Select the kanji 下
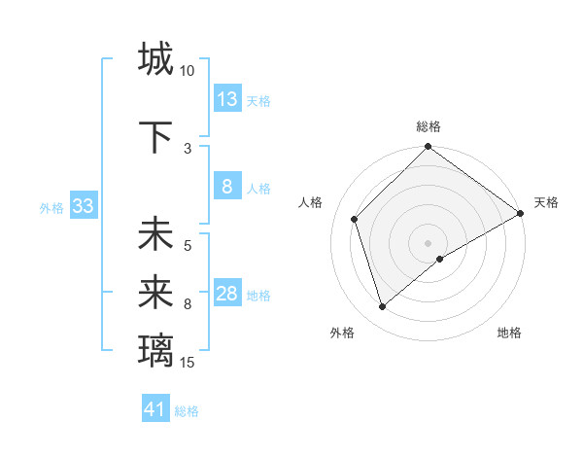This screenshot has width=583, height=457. pos(155,137)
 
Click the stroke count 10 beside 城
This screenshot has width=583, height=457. pos(188,71)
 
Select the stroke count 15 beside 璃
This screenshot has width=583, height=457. pos(188,363)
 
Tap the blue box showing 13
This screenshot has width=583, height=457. pos(227,99)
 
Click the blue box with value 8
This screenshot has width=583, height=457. pos(227,187)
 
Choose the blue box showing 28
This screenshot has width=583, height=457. pos(227,294)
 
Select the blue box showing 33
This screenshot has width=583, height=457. pos(83,206)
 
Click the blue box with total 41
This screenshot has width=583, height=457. pos(155,409)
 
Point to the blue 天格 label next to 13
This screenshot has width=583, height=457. pos(258,101)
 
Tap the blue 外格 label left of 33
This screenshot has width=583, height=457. pos(51,207)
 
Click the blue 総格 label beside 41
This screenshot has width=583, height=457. pos(187,411)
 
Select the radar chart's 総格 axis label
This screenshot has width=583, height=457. pos(429,126)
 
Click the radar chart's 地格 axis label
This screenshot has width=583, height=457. pos(509,333)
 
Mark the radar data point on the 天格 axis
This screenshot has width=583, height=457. pos(521,214)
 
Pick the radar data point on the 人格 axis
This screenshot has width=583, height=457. pos(355,219)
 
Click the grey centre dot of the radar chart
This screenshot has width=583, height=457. pos(428,242)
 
